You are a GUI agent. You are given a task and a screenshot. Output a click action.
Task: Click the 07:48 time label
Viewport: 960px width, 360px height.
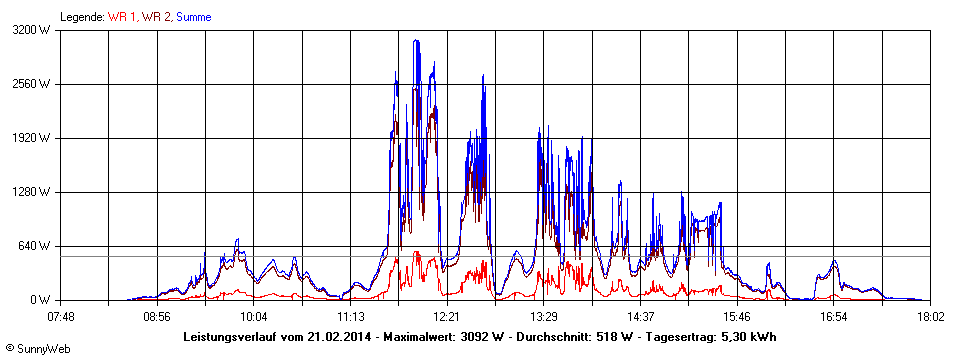(61, 317)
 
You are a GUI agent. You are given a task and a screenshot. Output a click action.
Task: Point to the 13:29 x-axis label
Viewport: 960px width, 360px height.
(544, 317)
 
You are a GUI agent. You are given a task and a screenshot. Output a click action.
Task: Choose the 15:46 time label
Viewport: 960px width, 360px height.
(737, 317)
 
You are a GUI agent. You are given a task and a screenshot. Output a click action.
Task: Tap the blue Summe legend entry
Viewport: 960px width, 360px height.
(193, 17)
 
